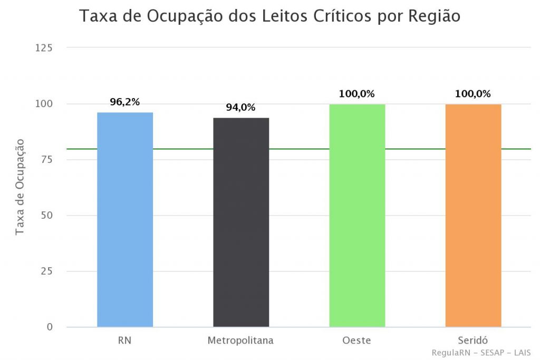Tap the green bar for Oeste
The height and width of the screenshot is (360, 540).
357,216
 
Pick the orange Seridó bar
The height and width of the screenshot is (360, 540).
473,216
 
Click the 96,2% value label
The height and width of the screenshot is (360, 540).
125,102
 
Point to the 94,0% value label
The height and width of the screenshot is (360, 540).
241,108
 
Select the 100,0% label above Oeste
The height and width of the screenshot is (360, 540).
357,94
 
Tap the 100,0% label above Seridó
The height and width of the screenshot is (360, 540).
473,94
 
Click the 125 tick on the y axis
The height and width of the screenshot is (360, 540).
44,48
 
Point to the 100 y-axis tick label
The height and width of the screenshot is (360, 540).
44,104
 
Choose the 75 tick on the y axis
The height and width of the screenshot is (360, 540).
46,160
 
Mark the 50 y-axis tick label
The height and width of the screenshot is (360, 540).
46,216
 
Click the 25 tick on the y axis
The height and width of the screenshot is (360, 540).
46,271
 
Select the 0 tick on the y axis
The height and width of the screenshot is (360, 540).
49,327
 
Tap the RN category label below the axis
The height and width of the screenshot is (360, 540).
125,340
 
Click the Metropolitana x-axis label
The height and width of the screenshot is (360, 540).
241,340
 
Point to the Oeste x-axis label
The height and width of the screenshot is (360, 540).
357,340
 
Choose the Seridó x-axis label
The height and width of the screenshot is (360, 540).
473,340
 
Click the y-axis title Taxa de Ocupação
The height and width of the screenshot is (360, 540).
20,187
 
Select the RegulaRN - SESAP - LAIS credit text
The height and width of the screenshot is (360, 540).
481,353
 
